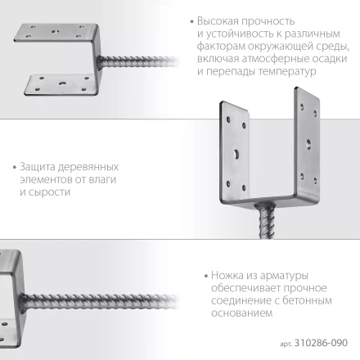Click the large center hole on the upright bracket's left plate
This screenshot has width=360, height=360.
click(x=235, y=152)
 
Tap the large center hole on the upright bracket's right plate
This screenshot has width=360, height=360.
click(x=308, y=142)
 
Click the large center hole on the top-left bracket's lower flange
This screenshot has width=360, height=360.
click(x=61, y=83)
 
